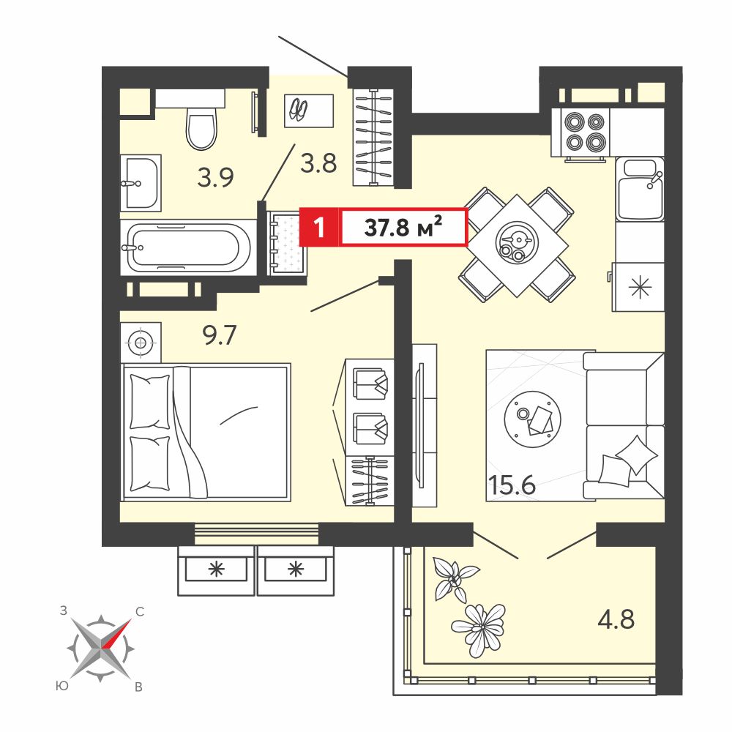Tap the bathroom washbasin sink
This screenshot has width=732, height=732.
[141, 183]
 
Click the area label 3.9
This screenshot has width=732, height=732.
[215, 177]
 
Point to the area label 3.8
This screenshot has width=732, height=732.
[319, 163]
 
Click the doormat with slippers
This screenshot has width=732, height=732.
[309, 111]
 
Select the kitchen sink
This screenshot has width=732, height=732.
[640, 189]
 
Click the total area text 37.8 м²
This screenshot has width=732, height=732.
[403, 228]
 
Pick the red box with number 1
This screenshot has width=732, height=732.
[319, 228]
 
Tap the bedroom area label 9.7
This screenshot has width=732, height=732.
[220, 335]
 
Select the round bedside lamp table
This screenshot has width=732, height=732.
[141, 343]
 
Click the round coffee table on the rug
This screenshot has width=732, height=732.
[533, 419]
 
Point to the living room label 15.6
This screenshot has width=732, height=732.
[512, 485]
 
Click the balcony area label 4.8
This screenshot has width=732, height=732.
[616, 619]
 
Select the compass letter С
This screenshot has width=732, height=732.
[139, 611]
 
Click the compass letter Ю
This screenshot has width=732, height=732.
[61, 686]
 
